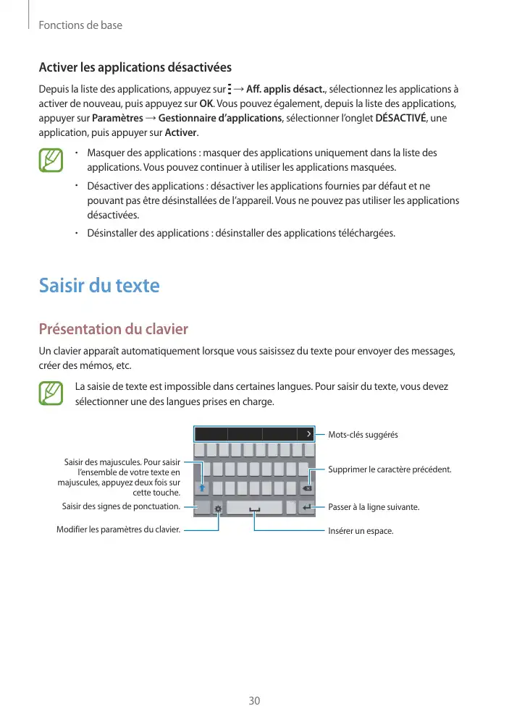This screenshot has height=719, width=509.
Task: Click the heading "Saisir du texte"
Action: pyautogui.click(x=98, y=285)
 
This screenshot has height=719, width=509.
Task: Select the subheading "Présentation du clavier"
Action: pyautogui.click(x=113, y=330)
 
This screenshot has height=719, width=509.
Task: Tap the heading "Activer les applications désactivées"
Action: pyautogui.click(x=135, y=68)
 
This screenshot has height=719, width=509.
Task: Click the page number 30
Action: pyautogui.click(x=254, y=701)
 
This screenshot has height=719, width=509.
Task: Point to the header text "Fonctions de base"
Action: pyautogui.click(x=80, y=25)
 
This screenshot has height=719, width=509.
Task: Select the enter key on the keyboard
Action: pyautogui.click(x=307, y=507)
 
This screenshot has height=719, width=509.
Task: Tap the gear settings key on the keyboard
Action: pyautogui.click(x=218, y=508)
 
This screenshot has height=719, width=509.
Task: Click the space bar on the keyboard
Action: pyautogui.click(x=254, y=508)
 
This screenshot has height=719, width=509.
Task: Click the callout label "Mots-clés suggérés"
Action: pyautogui.click(x=363, y=435)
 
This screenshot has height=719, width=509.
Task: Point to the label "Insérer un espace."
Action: pyautogui.click(x=361, y=532)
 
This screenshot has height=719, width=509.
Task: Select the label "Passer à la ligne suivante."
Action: pyautogui.click(x=374, y=508)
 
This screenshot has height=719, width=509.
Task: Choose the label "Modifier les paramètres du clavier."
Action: pyautogui.click(x=118, y=529)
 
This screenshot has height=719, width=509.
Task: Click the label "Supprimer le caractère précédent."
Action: pyautogui.click(x=390, y=470)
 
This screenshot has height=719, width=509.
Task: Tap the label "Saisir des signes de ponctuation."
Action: pyautogui.click(x=121, y=506)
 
